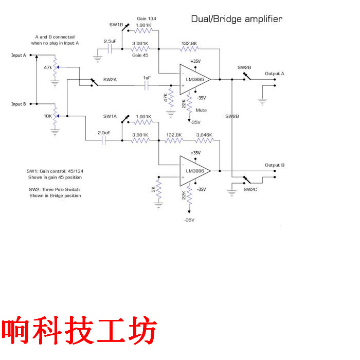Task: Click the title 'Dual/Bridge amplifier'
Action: coord(237,19)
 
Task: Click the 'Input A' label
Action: coord(19,55)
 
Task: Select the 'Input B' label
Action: coord(19,104)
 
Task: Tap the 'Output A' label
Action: coord(275,74)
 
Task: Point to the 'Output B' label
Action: coord(275,165)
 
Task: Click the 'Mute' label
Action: coord(201,110)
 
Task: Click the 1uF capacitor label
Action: coord(147,78)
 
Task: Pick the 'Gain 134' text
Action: coord(147,19)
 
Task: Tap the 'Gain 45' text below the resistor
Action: coord(140,55)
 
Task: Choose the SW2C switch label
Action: coord(250,189)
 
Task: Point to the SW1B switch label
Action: coord(116,24)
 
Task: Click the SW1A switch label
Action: coord(110,116)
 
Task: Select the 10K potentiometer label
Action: coord(47,116)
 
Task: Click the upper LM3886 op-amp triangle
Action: coord(193,80)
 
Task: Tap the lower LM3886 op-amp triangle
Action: coord(193,171)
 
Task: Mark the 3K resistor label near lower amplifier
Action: coord(153,190)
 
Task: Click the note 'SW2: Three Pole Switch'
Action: coord(55,189)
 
